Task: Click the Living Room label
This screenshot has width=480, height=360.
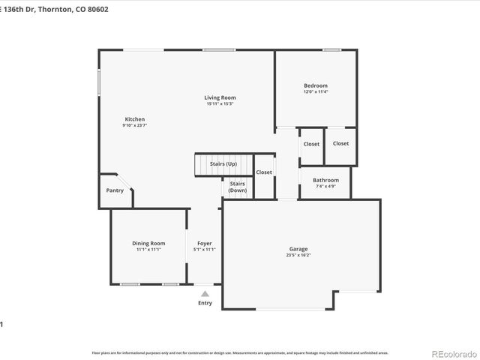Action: [x=220, y=97]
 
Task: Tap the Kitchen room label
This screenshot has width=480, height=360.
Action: [x=134, y=119]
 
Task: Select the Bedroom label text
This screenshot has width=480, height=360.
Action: [x=315, y=85]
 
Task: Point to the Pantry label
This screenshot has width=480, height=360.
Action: [x=115, y=190]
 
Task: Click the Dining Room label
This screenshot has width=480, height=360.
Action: [x=148, y=243]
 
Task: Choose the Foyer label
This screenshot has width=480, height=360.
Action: [x=204, y=243]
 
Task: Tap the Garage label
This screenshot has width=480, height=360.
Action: [x=298, y=249]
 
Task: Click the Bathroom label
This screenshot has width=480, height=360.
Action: [x=325, y=180]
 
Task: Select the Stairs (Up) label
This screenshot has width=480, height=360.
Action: [x=223, y=163]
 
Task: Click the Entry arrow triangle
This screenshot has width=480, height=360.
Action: [x=205, y=294]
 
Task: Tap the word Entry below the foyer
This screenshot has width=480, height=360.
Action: [x=205, y=303]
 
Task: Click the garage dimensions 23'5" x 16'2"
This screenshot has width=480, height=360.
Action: [x=298, y=255]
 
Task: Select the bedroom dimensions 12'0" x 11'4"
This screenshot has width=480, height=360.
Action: [x=315, y=91]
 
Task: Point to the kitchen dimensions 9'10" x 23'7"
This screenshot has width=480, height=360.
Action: [x=134, y=125]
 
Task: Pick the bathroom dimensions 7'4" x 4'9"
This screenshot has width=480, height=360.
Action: [x=325, y=186]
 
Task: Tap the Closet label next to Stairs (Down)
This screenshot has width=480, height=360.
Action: [x=264, y=172]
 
